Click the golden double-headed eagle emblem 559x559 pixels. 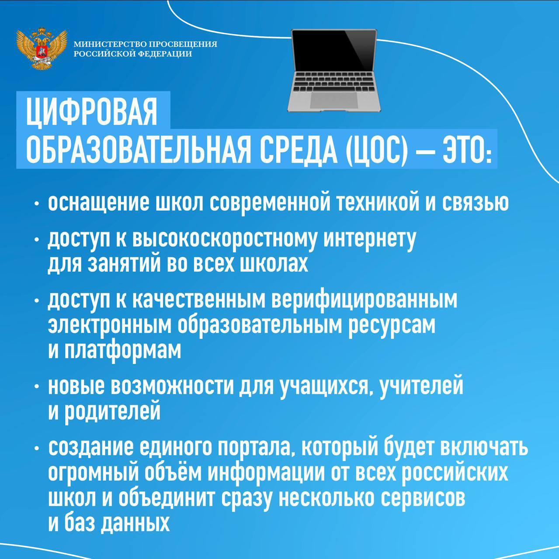click(42, 48)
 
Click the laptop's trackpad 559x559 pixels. click(334, 100)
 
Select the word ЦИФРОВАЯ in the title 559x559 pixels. click(92, 112)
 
